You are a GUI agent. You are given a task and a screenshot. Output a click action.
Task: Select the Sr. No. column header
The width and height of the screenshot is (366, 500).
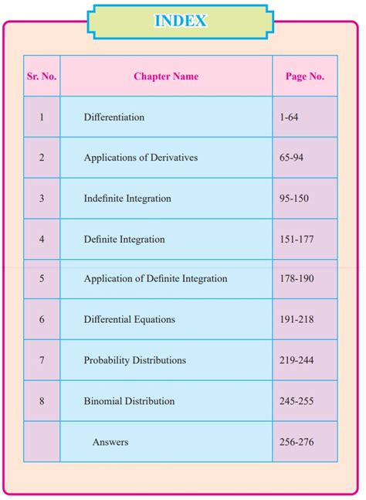click(x=42, y=77)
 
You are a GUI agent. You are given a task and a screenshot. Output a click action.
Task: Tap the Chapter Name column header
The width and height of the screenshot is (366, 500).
click(x=166, y=77)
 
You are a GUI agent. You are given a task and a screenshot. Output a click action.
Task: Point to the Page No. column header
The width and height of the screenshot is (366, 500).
click(x=305, y=77)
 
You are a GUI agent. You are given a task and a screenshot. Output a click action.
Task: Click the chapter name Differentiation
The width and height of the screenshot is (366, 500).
click(x=114, y=117)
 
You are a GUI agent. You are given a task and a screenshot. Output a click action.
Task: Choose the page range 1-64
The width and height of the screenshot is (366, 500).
click(x=290, y=117)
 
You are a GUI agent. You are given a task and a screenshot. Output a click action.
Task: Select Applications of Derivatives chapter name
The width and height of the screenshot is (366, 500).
click(x=141, y=158)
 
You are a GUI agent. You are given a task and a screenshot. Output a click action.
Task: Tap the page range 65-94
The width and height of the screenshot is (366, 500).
click(x=292, y=158)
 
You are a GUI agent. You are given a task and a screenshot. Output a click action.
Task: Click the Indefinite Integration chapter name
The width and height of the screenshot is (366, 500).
click(x=127, y=199)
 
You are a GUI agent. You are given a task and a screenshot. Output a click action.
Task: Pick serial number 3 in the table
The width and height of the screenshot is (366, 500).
click(x=42, y=199)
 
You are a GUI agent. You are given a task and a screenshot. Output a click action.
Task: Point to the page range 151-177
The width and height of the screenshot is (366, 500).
click(x=297, y=240)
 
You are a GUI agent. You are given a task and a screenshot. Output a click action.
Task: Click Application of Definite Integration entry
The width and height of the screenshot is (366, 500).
click(x=155, y=279)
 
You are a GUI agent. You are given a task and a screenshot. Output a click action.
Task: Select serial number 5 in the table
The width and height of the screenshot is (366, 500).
click(x=42, y=279)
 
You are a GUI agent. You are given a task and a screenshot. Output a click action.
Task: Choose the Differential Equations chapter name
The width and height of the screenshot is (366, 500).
click(x=130, y=319)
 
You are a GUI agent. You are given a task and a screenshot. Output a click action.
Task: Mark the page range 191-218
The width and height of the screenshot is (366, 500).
click(x=297, y=319)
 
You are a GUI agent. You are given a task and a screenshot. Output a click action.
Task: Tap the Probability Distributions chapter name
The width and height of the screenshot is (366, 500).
click(x=135, y=360)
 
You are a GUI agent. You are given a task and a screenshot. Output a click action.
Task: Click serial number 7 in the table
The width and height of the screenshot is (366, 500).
click(x=42, y=360)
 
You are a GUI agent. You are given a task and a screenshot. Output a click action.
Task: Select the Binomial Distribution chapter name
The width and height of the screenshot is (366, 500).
click(x=129, y=401)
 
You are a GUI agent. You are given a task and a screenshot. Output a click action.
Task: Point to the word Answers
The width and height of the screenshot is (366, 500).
click(x=110, y=442)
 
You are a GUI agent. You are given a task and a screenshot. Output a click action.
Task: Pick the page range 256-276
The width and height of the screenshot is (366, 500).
click(x=297, y=442)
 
